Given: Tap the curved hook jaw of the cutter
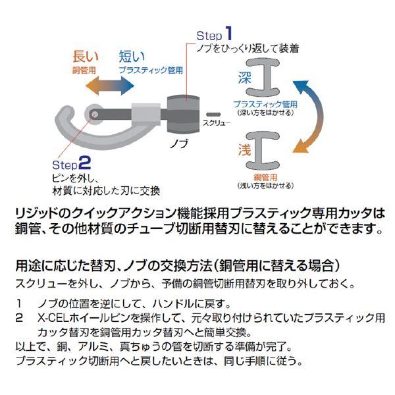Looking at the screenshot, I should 66,122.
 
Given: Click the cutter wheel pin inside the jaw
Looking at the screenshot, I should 97,115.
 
